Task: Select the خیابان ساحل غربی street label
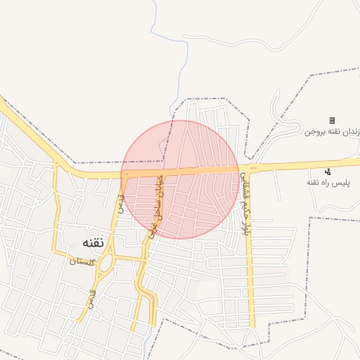157,204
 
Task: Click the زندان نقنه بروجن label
333,131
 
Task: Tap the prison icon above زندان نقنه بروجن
332,121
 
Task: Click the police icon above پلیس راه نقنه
328,172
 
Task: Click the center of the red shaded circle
180,179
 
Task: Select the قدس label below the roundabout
91,299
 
